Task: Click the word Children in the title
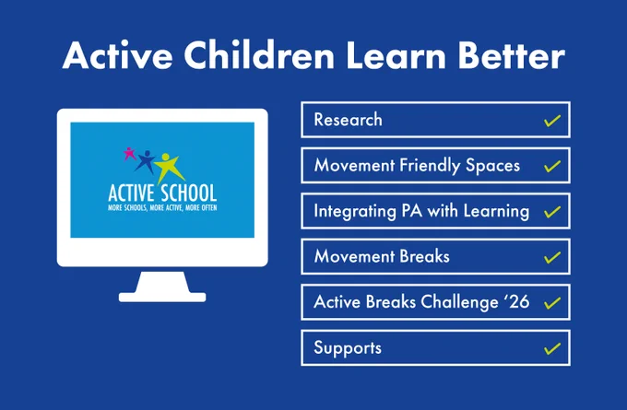(x=259, y=55)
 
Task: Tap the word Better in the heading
(x=512, y=55)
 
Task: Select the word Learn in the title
(x=396, y=55)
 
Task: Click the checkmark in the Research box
(x=552, y=121)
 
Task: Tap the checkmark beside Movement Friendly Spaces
(x=552, y=166)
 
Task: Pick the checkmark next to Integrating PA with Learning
(x=552, y=212)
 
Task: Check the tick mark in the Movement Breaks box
(x=552, y=257)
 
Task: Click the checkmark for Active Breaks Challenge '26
(x=552, y=303)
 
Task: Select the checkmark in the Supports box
(x=552, y=348)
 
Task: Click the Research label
(x=348, y=120)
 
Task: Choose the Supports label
(x=348, y=348)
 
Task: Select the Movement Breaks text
(x=382, y=256)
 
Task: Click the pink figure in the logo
(x=129, y=154)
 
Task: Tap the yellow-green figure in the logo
(x=170, y=168)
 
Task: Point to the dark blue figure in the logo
(x=146, y=161)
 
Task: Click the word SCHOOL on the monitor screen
(x=189, y=193)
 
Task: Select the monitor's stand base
(x=162, y=297)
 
